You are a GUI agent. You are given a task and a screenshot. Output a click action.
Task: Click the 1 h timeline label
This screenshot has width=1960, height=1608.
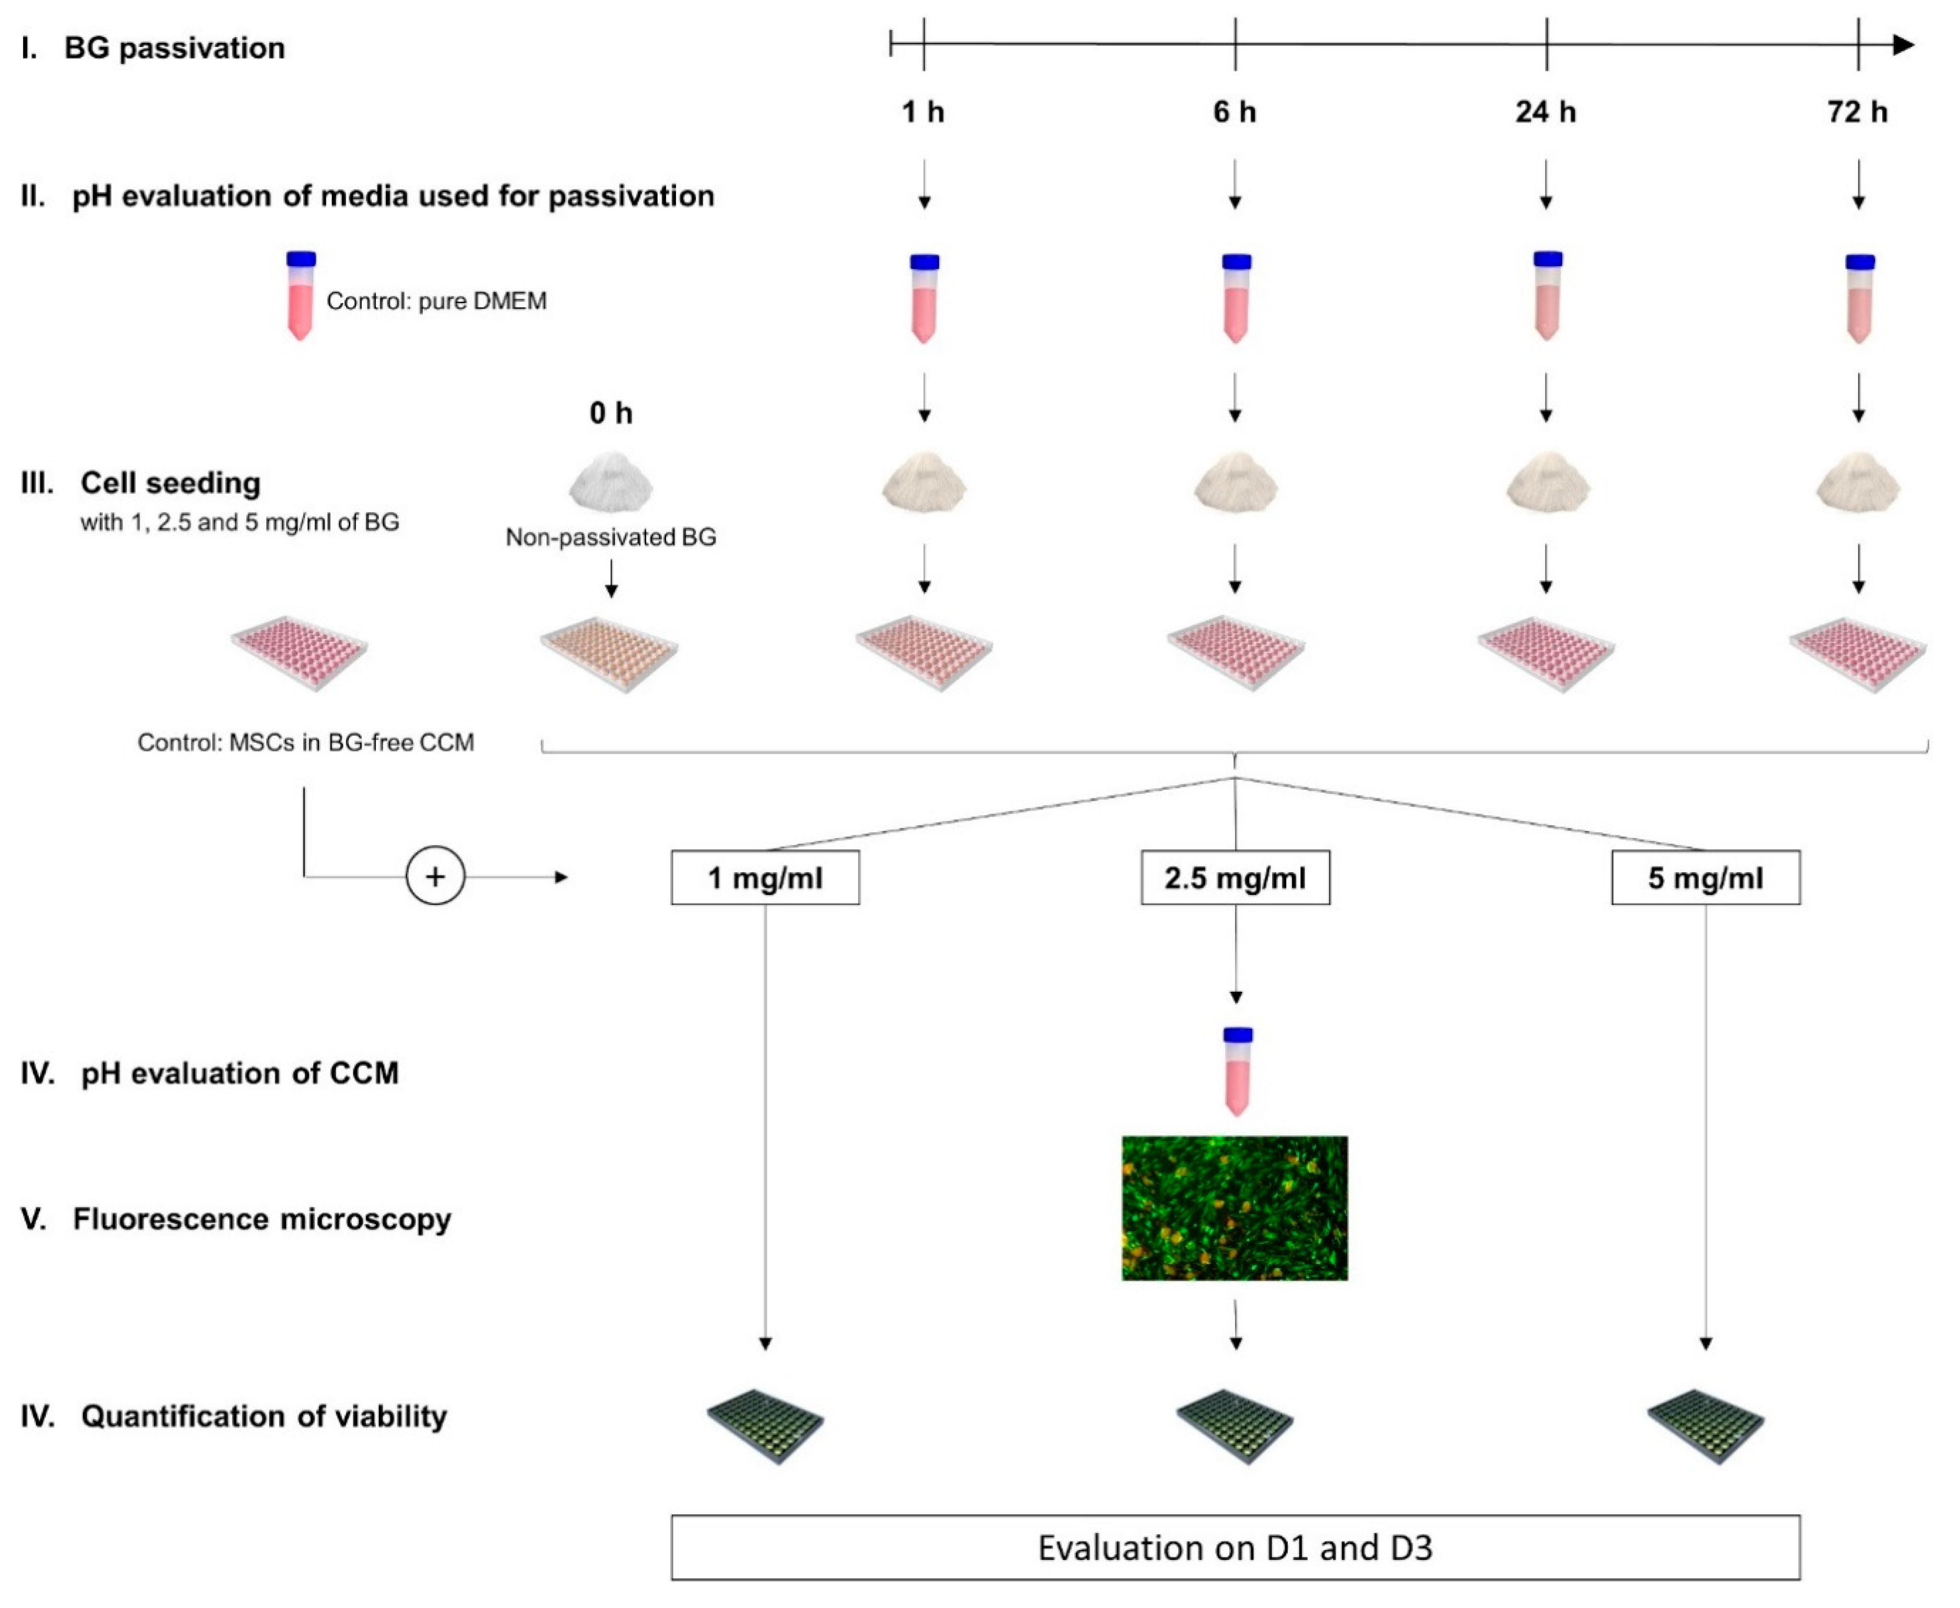point(922,112)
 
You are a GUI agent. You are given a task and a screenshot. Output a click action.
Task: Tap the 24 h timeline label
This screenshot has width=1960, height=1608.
point(1545,112)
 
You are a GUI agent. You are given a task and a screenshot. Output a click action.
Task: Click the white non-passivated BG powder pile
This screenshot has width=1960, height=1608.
point(610,482)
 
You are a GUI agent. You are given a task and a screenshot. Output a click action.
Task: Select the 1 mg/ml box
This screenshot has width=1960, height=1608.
point(765,877)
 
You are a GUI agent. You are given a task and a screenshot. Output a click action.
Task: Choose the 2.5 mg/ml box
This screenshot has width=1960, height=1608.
point(1235,877)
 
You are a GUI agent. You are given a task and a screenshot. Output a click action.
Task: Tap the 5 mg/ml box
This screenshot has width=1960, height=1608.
point(1705,877)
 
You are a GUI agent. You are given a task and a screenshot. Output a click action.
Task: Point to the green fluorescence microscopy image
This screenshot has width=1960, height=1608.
point(1235,1208)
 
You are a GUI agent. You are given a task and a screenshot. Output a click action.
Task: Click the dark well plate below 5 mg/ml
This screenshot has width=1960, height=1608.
point(1705,1425)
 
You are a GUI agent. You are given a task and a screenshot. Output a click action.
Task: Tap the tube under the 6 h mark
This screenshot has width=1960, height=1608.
point(1236,297)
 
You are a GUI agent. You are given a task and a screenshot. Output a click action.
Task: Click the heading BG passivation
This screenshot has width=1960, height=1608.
point(174,48)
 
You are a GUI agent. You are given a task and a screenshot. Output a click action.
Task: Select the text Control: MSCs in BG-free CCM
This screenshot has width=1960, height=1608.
point(306,743)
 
